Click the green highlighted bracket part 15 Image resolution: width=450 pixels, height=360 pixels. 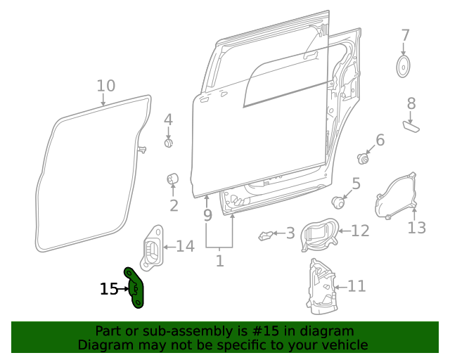(134, 288)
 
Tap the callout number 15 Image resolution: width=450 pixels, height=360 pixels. (108, 289)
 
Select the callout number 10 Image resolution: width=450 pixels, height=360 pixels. (105, 86)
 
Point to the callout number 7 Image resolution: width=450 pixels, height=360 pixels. (405, 35)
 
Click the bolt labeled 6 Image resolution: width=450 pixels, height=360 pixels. (364, 158)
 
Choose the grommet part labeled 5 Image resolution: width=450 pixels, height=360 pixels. (339, 202)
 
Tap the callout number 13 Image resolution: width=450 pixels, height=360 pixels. (417, 228)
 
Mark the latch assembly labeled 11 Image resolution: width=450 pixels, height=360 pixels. (321, 285)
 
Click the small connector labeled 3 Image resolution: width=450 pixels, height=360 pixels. (266, 235)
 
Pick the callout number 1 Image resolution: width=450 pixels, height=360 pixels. (219, 261)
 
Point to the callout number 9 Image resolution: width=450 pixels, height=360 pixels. (207, 215)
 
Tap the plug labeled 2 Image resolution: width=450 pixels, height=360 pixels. (172, 181)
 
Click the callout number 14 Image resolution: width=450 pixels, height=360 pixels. (184, 246)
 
